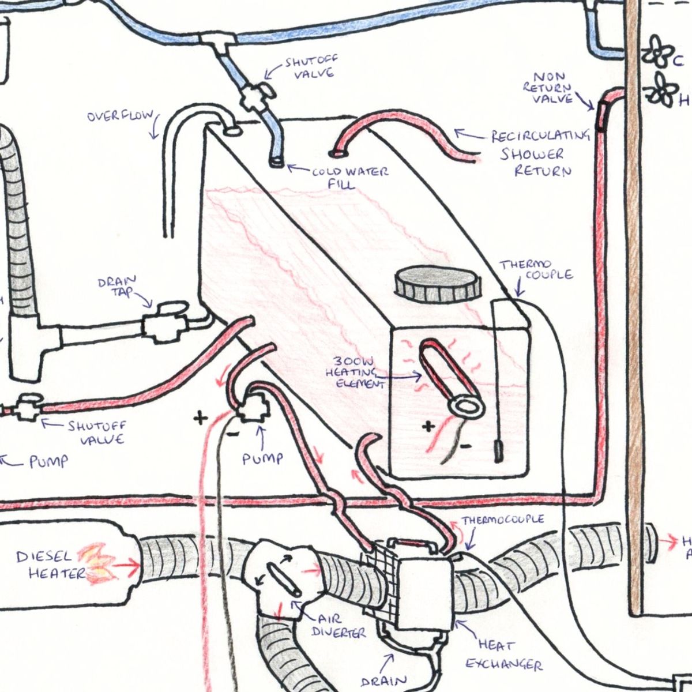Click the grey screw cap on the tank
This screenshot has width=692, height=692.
437,283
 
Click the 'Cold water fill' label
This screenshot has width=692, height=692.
350,178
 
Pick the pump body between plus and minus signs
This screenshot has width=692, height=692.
252,407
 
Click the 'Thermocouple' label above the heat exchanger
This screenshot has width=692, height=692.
502,520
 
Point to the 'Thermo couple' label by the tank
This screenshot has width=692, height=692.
536,269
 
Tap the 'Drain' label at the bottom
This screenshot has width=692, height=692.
383,680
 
